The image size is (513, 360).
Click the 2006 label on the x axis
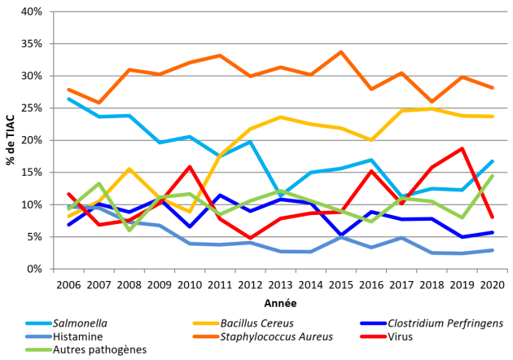click(x=68, y=283)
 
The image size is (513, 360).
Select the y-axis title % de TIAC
click(x=11, y=140)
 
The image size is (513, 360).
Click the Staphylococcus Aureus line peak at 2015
click(x=340, y=52)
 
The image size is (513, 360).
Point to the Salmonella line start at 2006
click(x=68, y=99)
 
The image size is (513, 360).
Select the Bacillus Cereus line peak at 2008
click(x=129, y=169)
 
